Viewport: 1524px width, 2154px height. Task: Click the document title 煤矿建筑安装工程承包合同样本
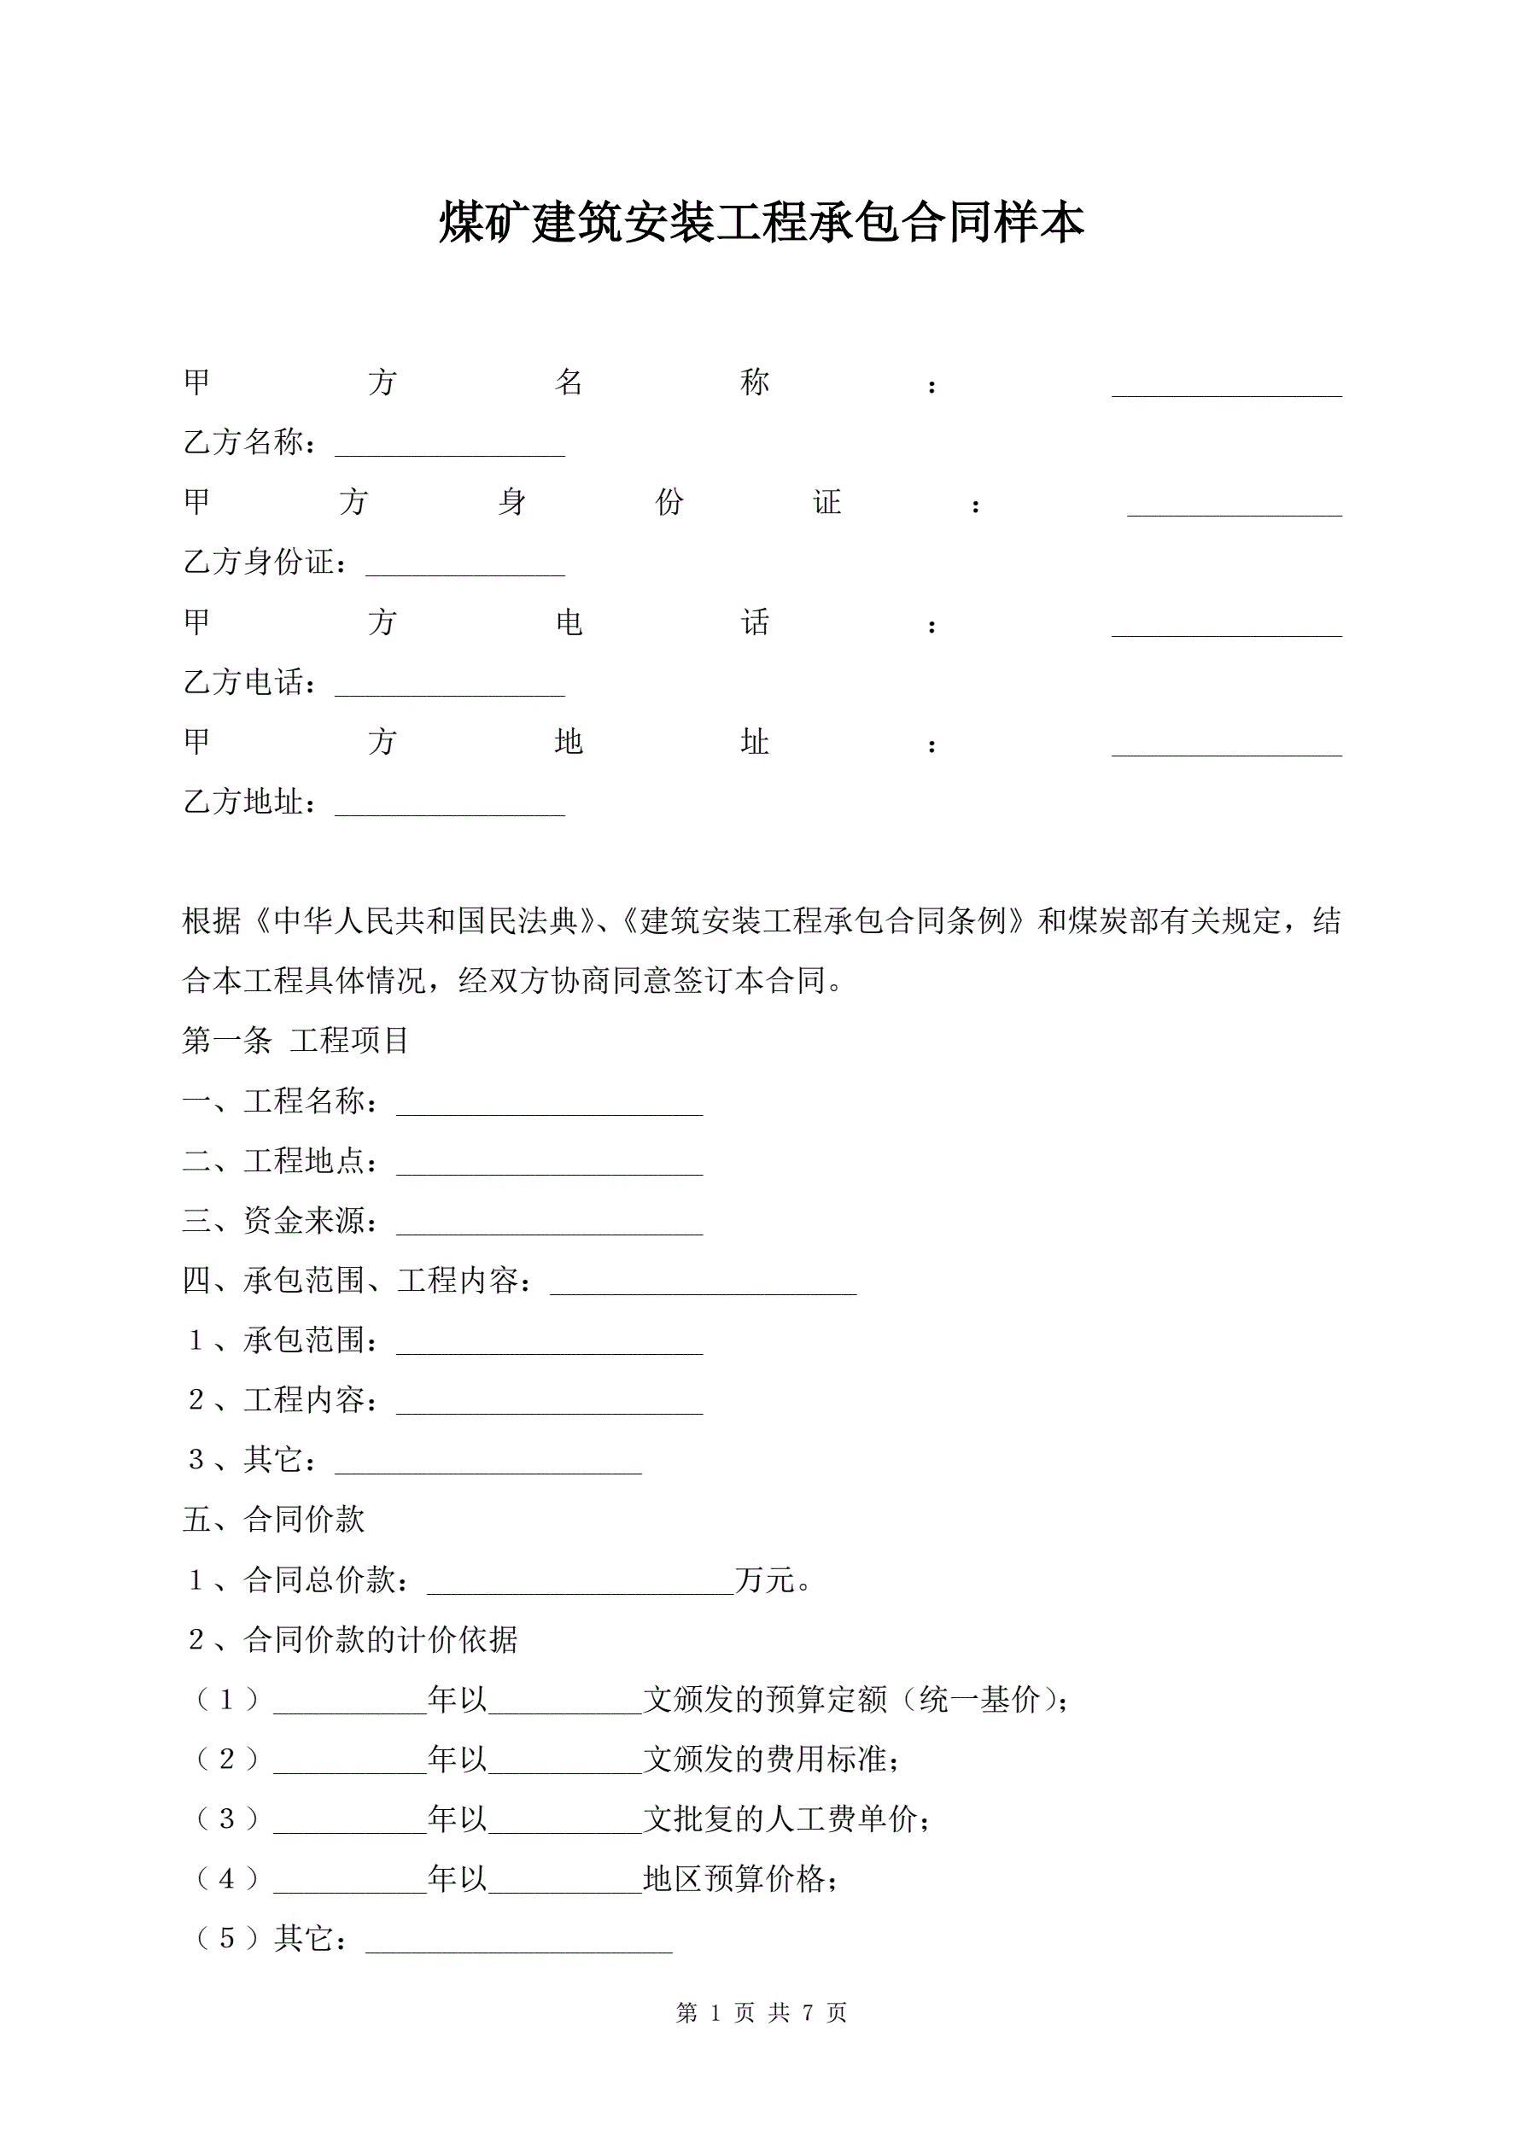click(x=761, y=224)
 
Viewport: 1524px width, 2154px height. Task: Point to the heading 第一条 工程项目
click(x=295, y=1041)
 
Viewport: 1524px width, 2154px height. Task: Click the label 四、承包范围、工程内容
click(x=358, y=1281)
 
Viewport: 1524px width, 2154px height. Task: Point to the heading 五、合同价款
click(x=273, y=1520)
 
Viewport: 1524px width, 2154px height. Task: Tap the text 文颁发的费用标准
click(x=769, y=1759)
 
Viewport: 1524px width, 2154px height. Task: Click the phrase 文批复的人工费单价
click(x=785, y=1819)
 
